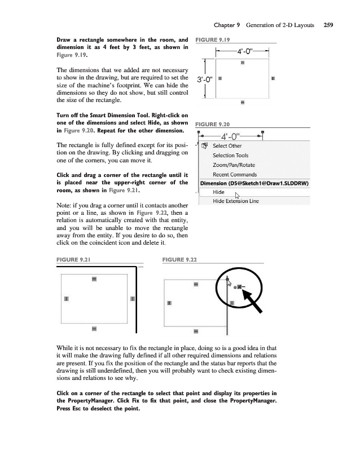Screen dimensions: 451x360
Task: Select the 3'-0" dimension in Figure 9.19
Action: click(203, 78)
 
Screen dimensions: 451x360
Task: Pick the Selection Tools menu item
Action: click(230, 155)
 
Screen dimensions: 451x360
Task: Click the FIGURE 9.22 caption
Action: click(179, 259)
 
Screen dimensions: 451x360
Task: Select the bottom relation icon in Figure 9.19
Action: click(243, 103)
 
